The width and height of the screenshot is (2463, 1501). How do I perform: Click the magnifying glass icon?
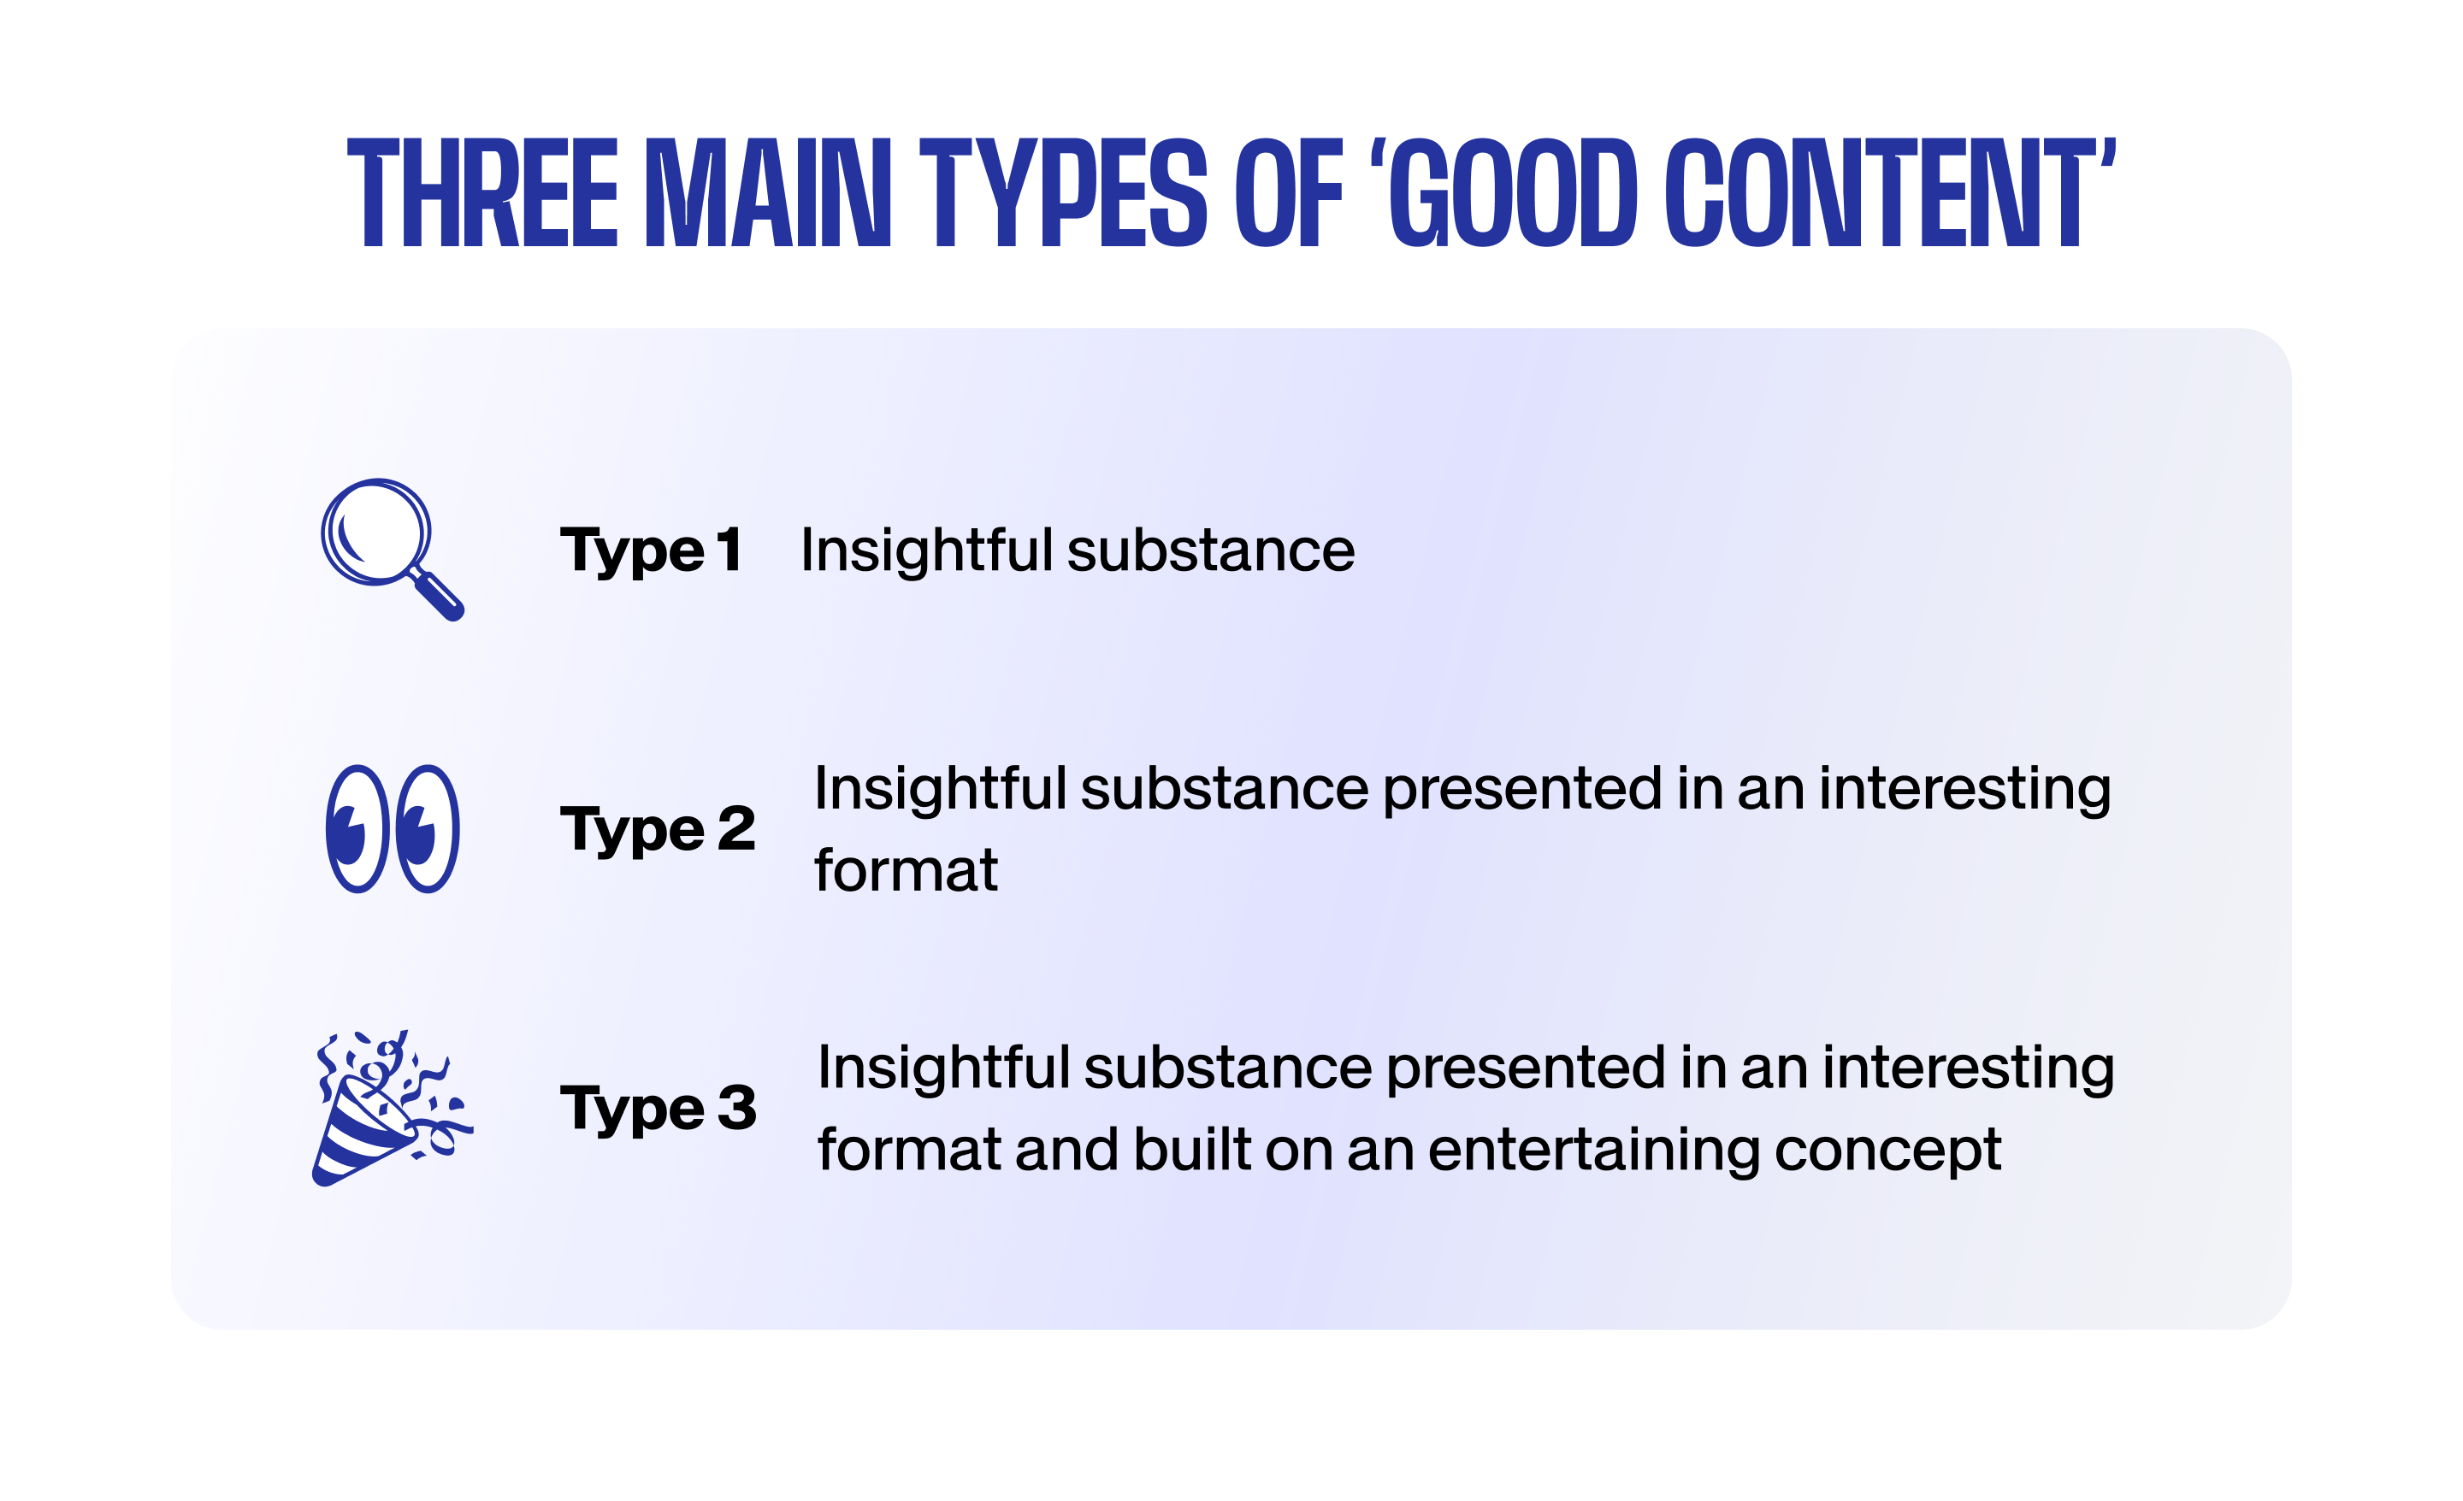(x=392, y=550)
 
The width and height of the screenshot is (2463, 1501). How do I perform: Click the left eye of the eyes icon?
(x=357, y=828)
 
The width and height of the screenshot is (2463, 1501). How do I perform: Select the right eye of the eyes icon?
(x=428, y=828)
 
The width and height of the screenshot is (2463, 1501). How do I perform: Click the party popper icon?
(x=392, y=1107)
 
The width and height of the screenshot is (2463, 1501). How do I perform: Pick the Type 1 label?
(x=651, y=551)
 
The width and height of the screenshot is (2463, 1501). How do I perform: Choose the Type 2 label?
(x=658, y=829)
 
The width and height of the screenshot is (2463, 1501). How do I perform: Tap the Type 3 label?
(x=659, y=1109)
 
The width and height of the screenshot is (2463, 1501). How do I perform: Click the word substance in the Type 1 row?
(x=1210, y=550)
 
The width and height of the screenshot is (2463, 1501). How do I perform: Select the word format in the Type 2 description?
(x=906, y=870)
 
